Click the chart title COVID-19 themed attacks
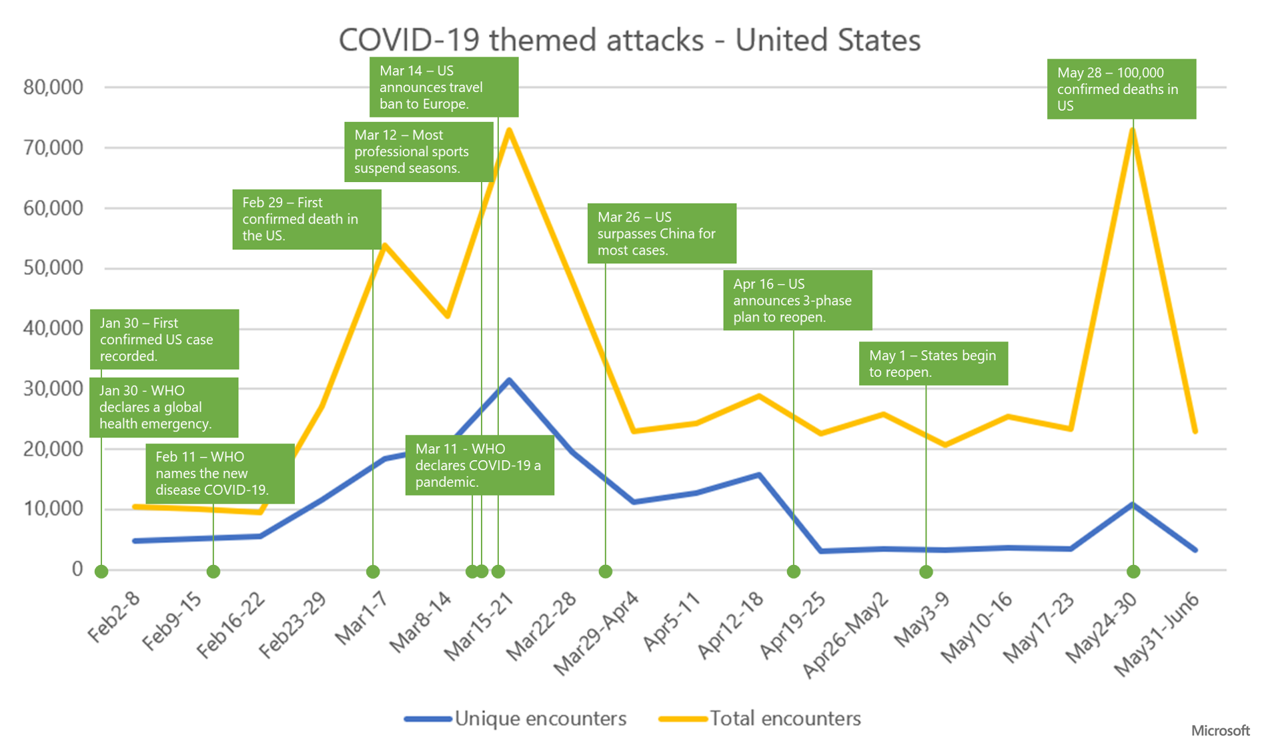click(x=629, y=40)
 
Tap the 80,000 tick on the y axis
click(x=53, y=87)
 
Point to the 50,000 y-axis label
click(x=53, y=268)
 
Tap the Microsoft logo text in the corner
click(x=1220, y=731)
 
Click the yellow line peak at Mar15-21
click(x=509, y=129)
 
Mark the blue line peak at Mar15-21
click(x=509, y=380)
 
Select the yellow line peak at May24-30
click(x=1133, y=129)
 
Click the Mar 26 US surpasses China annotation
click(x=661, y=233)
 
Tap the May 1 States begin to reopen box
click(x=932, y=363)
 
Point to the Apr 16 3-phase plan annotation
click(x=797, y=300)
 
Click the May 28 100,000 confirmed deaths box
click(x=1121, y=89)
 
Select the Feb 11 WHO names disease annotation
click(x=220, y=474)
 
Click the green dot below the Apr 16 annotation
click(x=793, y=571)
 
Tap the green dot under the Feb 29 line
click(x=373, y=571)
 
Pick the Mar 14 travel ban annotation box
click(x=444, y=87)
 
